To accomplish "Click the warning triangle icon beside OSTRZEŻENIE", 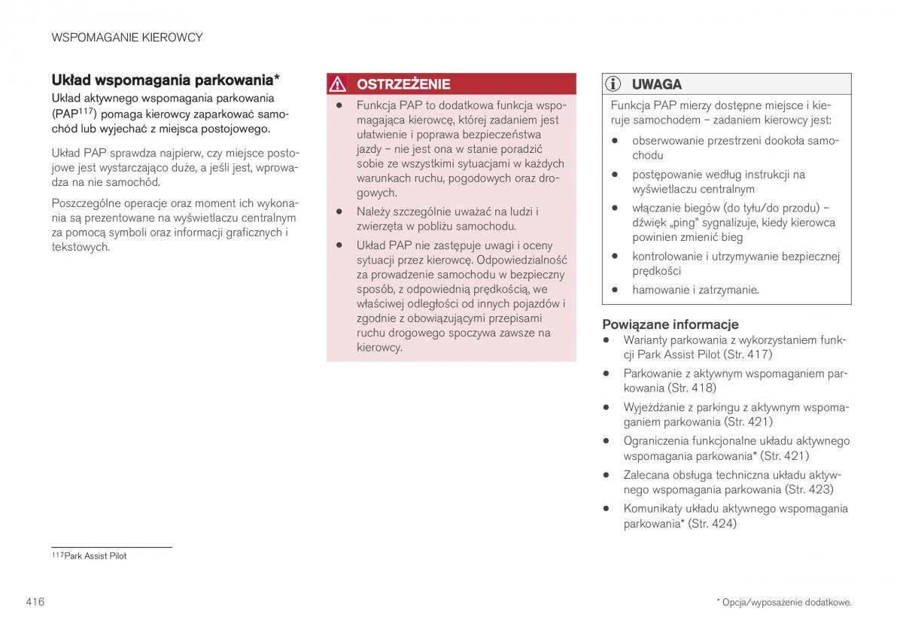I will point(341,84).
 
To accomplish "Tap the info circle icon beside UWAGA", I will point(616,84).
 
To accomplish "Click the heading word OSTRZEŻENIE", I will point(403,84).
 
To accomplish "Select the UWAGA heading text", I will point(657,84).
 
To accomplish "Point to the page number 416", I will point(35,601).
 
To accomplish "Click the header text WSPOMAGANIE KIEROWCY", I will point(127,37).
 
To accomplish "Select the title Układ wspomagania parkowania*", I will point(166,80).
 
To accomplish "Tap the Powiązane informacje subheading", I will point(670,324).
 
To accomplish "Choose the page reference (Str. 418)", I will point(692,388).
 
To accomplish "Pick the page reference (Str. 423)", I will point(809,490).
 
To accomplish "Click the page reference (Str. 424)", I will point(713,524).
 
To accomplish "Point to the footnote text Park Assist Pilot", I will point(96,556).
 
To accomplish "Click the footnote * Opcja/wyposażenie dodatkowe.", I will point(783,602).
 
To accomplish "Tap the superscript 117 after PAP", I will point(84,110).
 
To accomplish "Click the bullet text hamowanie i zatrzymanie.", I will point(695,290).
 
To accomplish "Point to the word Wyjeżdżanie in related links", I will point(656,407).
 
